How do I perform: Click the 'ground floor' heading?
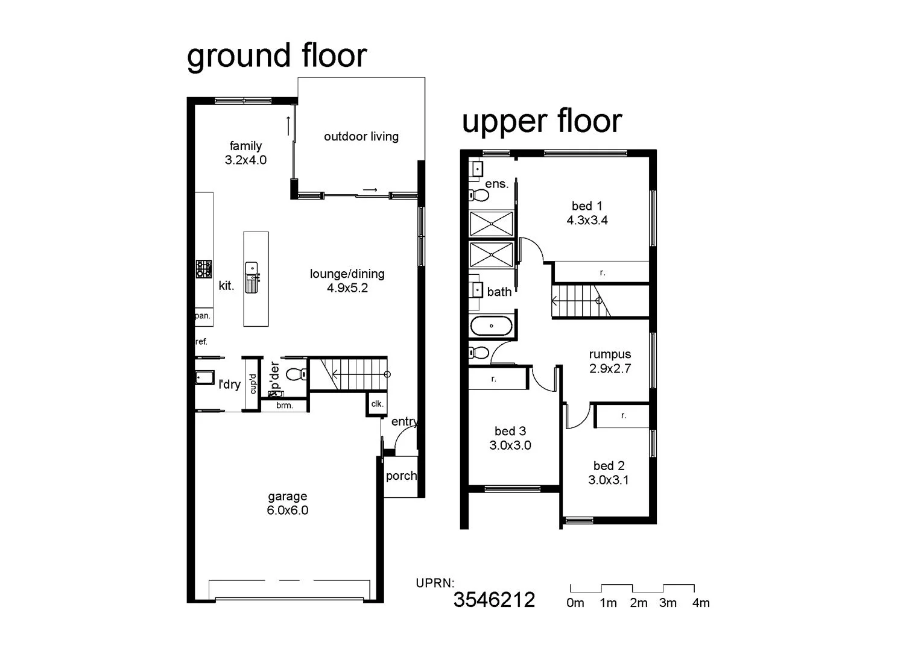[x=277, y=56]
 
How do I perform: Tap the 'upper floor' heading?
[x=541, y=121]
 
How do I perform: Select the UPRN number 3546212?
[x=494, y=600]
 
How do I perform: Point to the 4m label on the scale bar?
[x=701, y=603]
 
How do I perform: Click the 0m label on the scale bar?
[x=575, y=603]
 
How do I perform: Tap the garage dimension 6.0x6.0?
[x=287, y=511]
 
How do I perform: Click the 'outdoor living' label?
[x=361, y=137]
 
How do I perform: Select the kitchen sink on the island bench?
[x=251, y=269]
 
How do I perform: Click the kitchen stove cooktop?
[x=204, y=269]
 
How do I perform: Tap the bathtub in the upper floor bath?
[x=492, y=326]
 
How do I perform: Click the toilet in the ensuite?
[x=479, y=195]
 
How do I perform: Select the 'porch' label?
[x=400, y=476]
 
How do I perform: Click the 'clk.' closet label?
[x=377, y=404]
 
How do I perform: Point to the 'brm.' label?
[x=284, y=406]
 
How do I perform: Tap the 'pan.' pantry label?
[x=202, y=316]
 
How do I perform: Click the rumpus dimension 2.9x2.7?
[x=610, y=369]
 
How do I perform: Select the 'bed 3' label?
[x=510, y=431]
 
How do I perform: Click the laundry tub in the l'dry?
[x=204, y=378]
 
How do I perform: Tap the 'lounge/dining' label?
[x=347, y=274]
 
